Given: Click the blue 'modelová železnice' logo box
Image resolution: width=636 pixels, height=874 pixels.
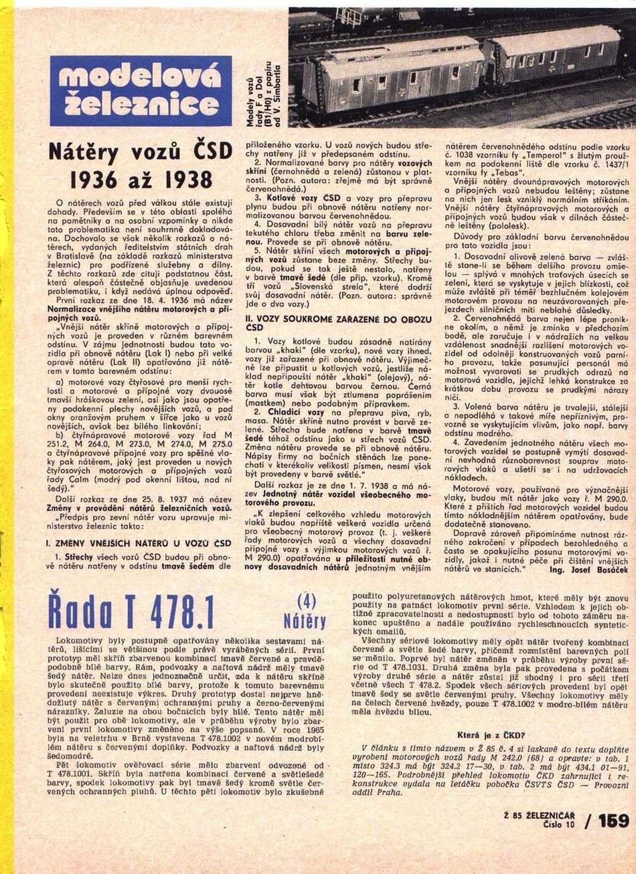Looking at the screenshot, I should tap(141, 91).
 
